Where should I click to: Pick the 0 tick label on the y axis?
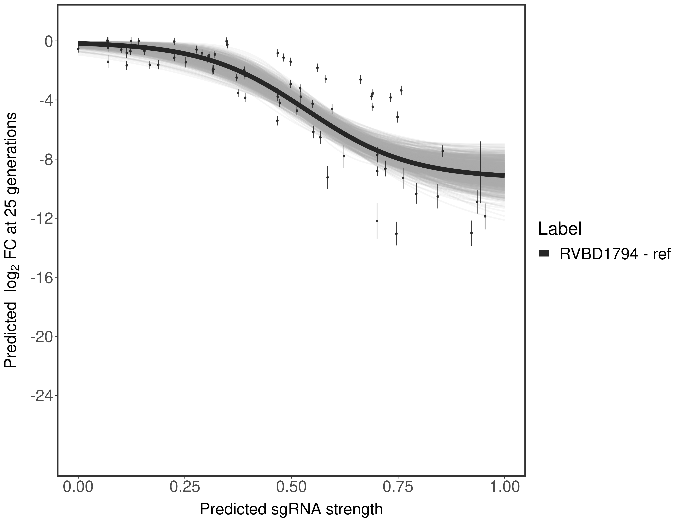(x=49, y=41)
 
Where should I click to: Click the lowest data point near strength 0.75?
(x=396, y=234)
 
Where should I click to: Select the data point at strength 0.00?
(x=78, y=49)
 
